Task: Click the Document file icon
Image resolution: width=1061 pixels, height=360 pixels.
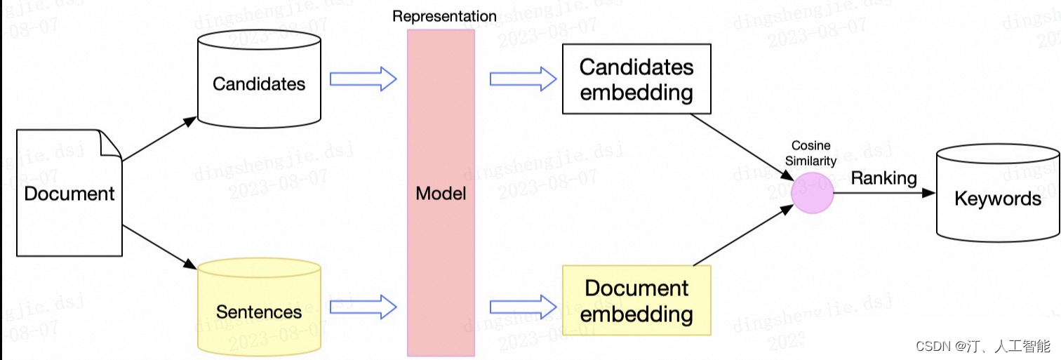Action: click(x=69, y=193)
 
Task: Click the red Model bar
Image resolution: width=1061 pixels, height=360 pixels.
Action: click(x=441, y=193)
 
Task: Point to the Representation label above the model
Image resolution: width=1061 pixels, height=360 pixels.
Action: click(x=443, y=15)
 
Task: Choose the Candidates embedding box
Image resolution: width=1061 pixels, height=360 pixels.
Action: click(x=636, y=79)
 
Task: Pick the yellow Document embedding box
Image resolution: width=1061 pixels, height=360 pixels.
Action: click(x=636, y=300)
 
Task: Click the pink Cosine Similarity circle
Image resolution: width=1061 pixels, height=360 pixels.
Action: click(x=812, y=192)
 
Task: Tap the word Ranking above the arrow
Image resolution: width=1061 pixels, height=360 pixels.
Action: click(x=883, y=178)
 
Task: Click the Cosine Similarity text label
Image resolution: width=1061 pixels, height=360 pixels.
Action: click(x=811, y=153)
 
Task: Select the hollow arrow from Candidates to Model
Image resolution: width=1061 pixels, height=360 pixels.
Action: click(x=363, y=79)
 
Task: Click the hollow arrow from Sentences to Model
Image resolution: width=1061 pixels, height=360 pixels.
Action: click(x=363, y=307)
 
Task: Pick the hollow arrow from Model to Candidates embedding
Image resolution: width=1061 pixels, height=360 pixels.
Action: click(x=523, y=79)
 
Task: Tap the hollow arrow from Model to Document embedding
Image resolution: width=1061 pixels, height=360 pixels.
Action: click(x=523, y=307)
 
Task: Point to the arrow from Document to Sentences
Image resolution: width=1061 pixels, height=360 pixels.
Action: click(x=159, y=247)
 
